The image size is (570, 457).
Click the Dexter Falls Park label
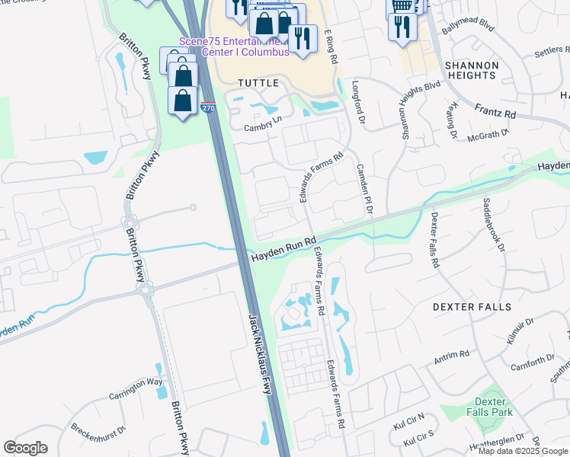pos(491,407)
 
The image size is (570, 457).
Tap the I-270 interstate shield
pos(208,107)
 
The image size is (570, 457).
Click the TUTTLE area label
pos(258,82)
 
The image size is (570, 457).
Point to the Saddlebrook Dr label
pos(492,225)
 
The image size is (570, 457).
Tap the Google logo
pos(25,448)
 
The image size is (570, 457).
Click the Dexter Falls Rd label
pos(434,239)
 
